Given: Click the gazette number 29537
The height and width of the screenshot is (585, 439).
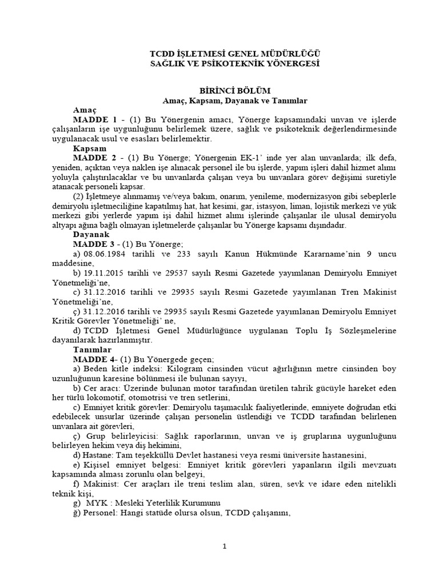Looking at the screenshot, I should (x=181, y=273).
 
